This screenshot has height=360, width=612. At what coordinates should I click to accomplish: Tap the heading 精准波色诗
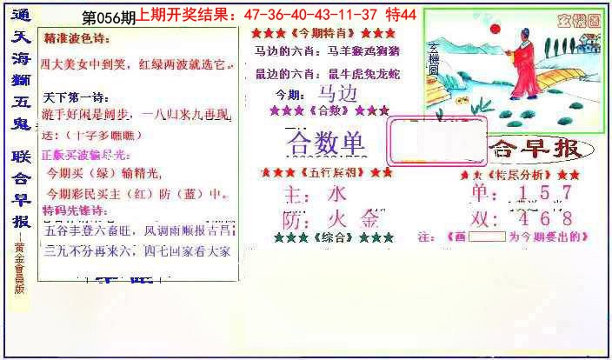coord(77,40)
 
